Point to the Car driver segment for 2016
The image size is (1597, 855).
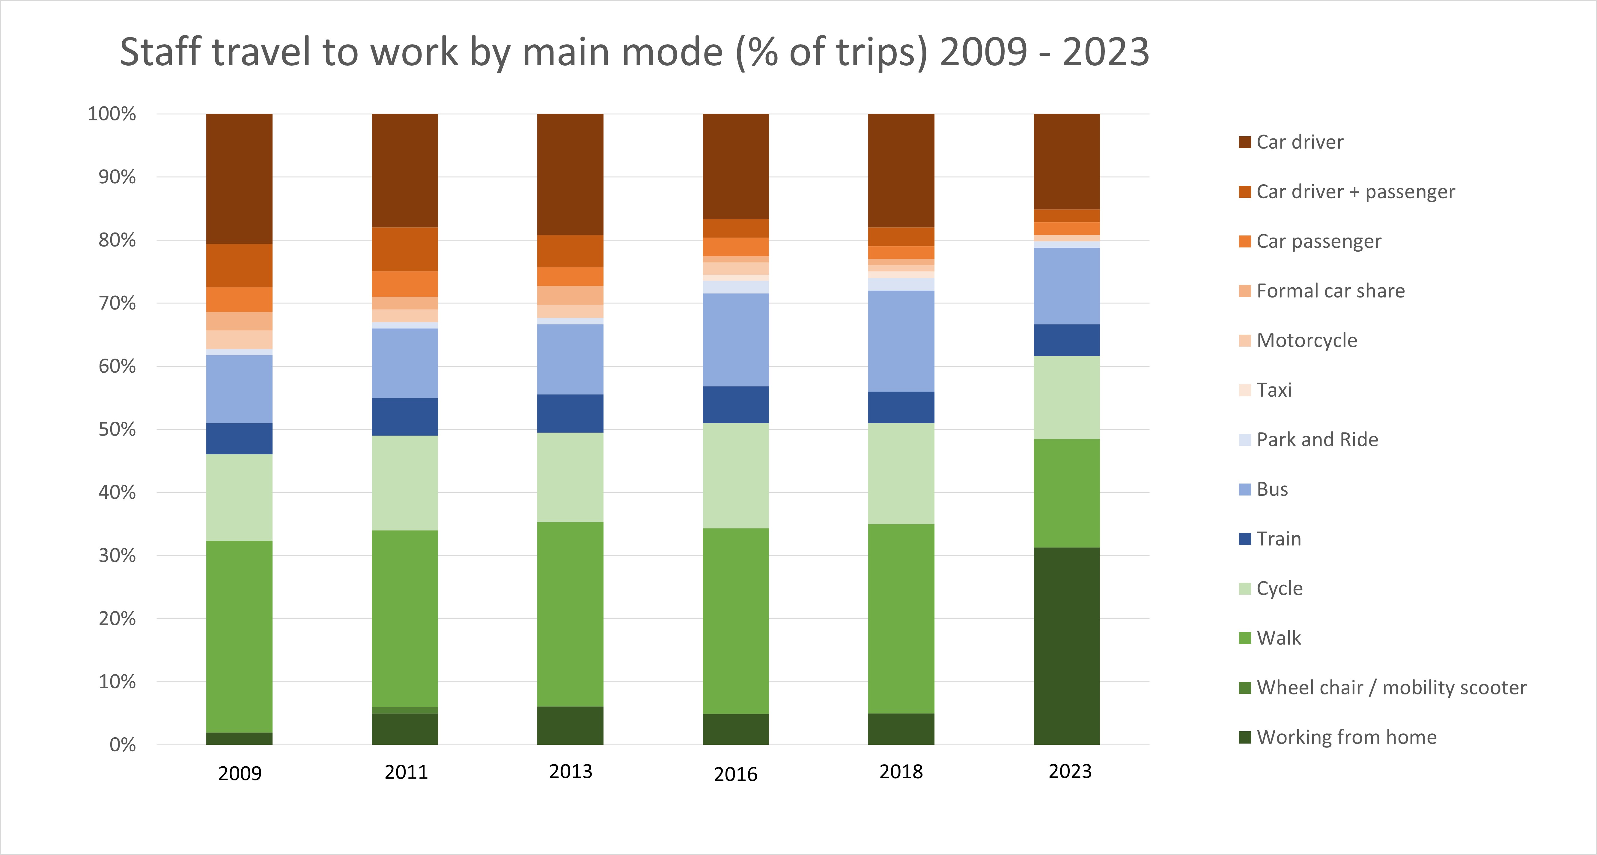[x=735, y=166]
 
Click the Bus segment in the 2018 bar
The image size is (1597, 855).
[x=901, y=341]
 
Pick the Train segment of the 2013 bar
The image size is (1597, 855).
[x=570, y=413]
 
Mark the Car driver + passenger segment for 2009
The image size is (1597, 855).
[x=239, y=265]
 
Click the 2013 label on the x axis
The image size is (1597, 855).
[x=570, y=771]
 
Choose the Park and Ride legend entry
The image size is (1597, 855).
[x=1317, y=439]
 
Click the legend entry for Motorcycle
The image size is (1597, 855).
[x=1306, y=340]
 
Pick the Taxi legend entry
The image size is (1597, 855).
[x=1274, y=390]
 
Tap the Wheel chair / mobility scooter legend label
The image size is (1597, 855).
[x=1390, y=687]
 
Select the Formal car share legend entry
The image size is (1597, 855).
[x=1330, y=291]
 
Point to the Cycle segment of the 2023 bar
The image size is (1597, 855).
[x=1066, y=397]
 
